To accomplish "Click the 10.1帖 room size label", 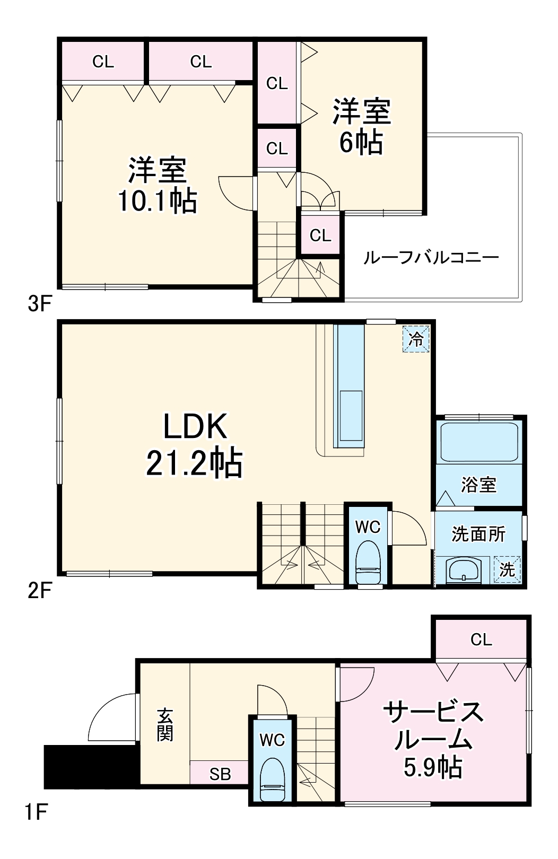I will pyautogui.click(x=157, y=201).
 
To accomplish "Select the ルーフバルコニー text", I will pyautogui.click(x=431, y=258).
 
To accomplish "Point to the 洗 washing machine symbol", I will pyautogui.click(x=507, y=570).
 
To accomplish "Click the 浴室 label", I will pyautogui.click(x=478, y=485).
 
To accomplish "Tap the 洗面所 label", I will pyautogui.click(x=478, y=534).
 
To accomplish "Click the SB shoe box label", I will pyautogui.click(x=220, y=774).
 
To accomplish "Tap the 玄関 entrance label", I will pyautogui.click(x=164, y=725).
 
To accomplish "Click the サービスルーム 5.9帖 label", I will pyautogui.click(x=433, y=739).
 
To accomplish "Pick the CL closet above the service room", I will pyautogui.click(x=481, y=639).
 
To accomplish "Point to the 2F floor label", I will pyautogui.click(x=39, y=590).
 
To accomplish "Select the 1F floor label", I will pyautogui.click(x=36, y=812).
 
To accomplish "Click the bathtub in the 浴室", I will pyautogui.click(x=479, y=442).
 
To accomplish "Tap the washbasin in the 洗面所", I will pyautogui.click(x=464, y=571).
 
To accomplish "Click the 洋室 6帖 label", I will pyautogui.click(x=361, y=126).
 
